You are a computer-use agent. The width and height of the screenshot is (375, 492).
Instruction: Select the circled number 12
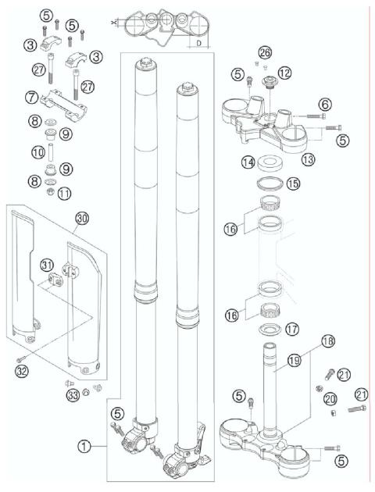click(284, 73)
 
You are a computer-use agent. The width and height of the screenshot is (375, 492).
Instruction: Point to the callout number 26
click(266, 52)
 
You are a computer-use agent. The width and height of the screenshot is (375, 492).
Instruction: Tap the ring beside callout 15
click(269, 184)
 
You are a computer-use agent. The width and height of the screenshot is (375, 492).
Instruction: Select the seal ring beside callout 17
click(271, 329)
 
